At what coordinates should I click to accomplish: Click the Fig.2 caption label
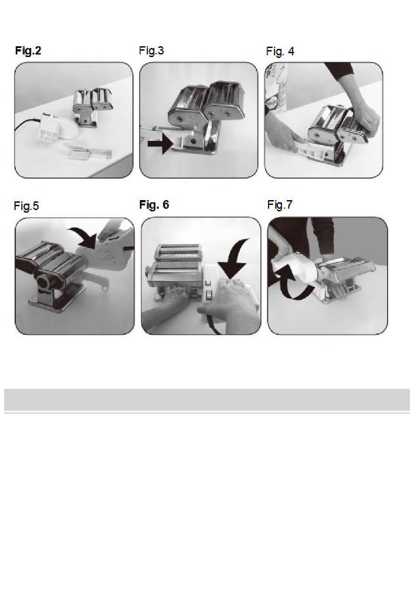[28, 51]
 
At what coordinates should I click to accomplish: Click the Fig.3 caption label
[151, 51]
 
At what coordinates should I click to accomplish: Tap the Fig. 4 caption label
[280, 51]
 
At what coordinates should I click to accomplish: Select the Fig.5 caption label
[26, 206]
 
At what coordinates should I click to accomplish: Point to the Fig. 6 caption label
[154, 204]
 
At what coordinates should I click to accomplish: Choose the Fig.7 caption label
[280, 204]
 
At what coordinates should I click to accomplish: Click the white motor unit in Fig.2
[57, 128]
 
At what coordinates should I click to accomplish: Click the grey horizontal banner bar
[207, 400]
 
